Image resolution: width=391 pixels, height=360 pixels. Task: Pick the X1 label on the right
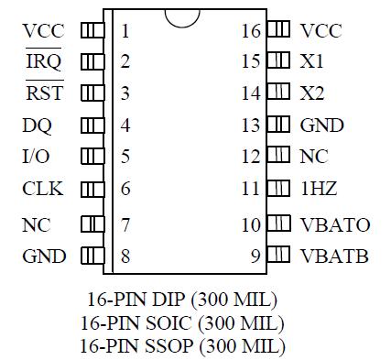pyautogui.click(x=311, y=62)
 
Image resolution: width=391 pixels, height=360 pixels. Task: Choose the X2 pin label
pyautogui.click(x=311, y=93)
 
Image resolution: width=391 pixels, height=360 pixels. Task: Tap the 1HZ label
pyautogui.click(x=318, y=190)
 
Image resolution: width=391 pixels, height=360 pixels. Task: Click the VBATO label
pyautogui.click(x=334, y=224)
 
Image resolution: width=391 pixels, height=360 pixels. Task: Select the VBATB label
pyautogui.click(x=334, y=256)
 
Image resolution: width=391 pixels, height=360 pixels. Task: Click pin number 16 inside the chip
pyautogui.click(x=251, y=31)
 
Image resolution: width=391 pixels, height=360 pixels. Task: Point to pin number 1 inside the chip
pyautogui.click(x=125, y=31)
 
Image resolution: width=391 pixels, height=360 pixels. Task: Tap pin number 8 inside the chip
pyautogui.click(x=125, y=256)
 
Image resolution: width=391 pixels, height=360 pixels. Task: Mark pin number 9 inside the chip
pyautogui.click(x=255, y=256)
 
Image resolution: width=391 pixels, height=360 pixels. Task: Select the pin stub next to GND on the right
pyautogui.click(x=277, y=125)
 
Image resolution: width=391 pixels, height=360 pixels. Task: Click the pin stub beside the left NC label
pyautogui.click(x=92, y=224)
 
